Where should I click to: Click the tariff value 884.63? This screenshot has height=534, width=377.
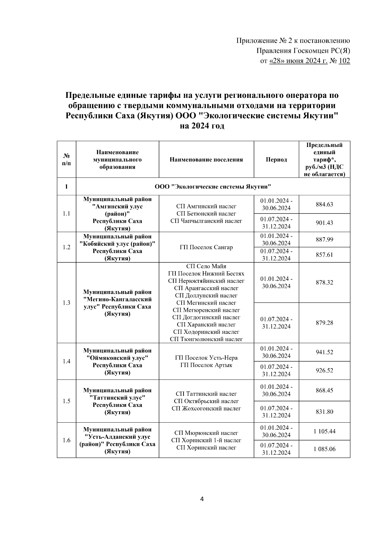tap(324, 205)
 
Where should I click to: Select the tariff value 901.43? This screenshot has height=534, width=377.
tap(324, 223)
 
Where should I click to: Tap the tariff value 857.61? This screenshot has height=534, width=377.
tap(324, 255)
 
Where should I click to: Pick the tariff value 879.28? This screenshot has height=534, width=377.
tap(324, 323)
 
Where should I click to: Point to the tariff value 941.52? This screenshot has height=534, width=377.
tap(324, 352)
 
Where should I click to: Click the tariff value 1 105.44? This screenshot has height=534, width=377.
tap(324, 431)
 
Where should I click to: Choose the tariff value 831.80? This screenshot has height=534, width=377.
tap(324, 412)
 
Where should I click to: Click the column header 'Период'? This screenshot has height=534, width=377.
tap(276, 160)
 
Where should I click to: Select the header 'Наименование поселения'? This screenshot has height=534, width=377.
tap(206, 160)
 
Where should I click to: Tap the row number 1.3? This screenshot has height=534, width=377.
tap(66, 303)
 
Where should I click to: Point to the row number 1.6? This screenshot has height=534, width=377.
tap(66, 440)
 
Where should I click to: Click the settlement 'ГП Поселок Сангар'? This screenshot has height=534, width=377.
tap(206, 247)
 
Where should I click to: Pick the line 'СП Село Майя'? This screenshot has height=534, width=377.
tap(206, 266)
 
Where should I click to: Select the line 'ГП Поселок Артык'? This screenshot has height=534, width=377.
tap(206, 365)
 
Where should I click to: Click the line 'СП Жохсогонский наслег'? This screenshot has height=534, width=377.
tap(206, 408)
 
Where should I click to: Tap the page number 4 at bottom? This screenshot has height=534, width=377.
tap(202, 499)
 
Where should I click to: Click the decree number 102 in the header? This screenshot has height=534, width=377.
tap(344, 61)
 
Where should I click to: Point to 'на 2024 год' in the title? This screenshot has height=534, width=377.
tap(202, 126)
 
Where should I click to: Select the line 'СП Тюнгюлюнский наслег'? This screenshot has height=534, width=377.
tap(206, 339)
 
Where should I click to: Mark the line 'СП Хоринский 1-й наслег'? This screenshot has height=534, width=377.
tap(206, 440)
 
